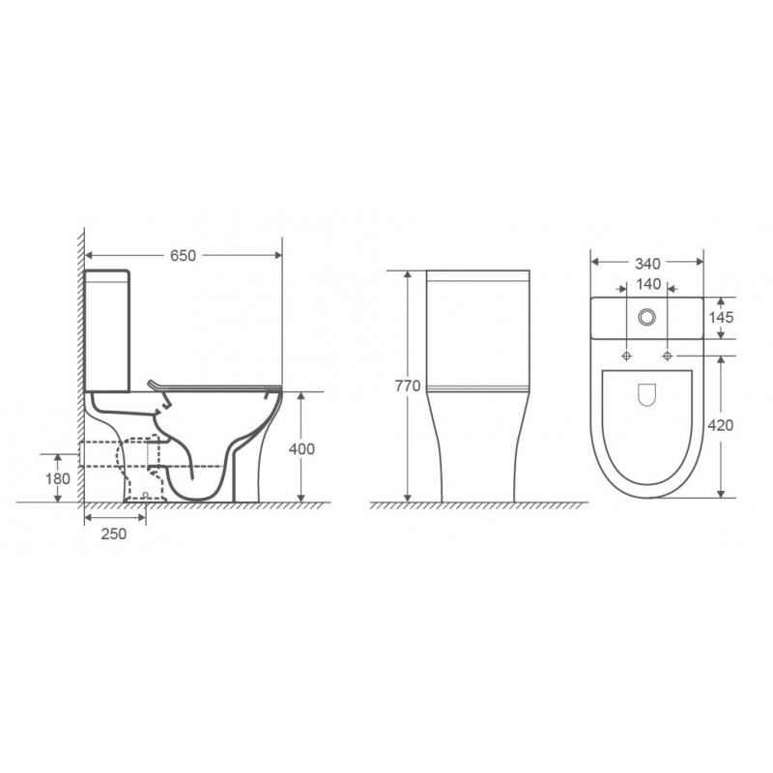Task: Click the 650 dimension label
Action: click(183, 255)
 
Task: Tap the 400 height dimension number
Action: click(301, 448)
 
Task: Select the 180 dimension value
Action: click(58, 478)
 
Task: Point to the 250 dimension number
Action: click(114, 533)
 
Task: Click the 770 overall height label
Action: click(408, 386)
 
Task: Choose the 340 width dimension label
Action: click(647, 264)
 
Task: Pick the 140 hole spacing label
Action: click(648, 284)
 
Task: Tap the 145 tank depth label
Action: click(721, 317)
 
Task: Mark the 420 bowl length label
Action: click(721, 425)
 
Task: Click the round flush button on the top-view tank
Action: click(646, 317)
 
